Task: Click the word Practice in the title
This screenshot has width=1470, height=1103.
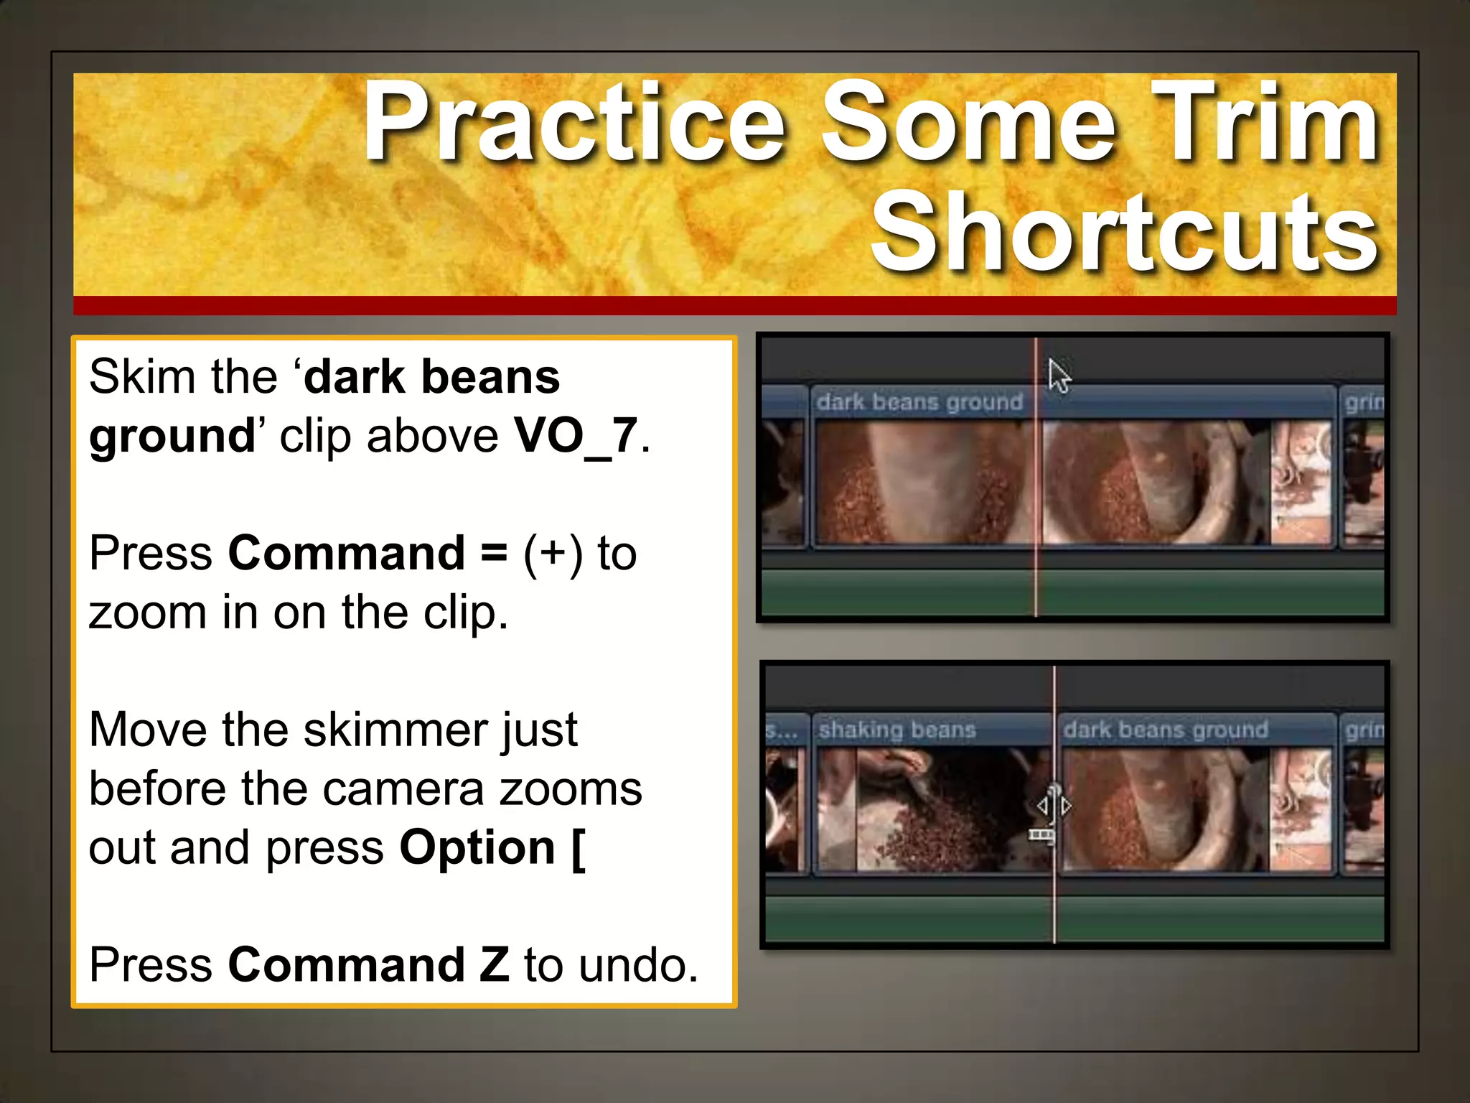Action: (574, 122)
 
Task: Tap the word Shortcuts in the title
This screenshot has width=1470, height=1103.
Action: (1125, 233)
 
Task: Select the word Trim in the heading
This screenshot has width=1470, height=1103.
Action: (1263, 122)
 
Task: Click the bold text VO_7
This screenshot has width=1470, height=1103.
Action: (576, 436)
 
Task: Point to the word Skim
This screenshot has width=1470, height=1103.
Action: (142, 376)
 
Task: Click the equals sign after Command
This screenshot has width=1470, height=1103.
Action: (494, 554)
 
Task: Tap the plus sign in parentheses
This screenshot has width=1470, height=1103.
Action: (553, 554)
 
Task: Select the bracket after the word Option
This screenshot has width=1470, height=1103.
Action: (579, 848)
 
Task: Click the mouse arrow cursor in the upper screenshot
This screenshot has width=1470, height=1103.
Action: (1058, 375)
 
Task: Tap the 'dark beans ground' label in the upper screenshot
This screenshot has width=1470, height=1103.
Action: (919, 402)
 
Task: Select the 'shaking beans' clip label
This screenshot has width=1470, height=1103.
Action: (897, 730)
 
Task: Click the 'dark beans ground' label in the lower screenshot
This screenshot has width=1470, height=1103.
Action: (1166, 730)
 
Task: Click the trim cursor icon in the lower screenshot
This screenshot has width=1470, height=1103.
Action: (1053, 808)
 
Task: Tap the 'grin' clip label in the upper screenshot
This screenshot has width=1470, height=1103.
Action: (1363, 402)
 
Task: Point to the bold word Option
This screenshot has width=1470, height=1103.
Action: (477, 848)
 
